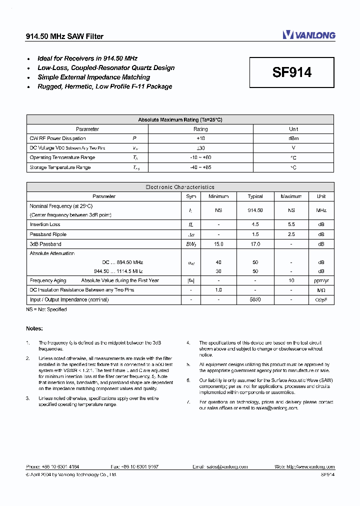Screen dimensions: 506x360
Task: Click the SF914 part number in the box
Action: (x=292, y=72)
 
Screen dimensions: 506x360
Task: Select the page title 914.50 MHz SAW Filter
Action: (x=64, y=36)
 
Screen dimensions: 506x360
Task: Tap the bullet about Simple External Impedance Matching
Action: (x=93, y=77)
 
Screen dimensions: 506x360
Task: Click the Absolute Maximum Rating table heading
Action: (x=180, y=119)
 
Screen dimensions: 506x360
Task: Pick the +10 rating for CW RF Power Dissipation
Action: (x=200, y=138)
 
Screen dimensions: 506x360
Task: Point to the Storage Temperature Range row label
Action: (x=60, y=167)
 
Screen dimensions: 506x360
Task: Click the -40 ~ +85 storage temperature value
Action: (x=200, y=167)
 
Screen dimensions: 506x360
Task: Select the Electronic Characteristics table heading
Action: (x=180, y=187)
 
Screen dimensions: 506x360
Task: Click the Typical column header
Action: (x=255, y=196)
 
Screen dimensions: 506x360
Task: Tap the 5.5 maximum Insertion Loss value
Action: (x=291, y=225)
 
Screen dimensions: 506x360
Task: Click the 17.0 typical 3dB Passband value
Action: (x=255, y=244)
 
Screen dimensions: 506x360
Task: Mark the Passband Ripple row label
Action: (x=48, y=234)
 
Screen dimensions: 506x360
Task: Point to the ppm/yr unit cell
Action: (x=321, y=280)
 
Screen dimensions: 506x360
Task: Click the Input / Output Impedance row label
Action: (x=69, y=300)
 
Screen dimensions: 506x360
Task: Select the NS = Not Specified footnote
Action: (x=46, y=309)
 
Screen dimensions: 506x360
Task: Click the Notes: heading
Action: (x=34, y=328)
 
